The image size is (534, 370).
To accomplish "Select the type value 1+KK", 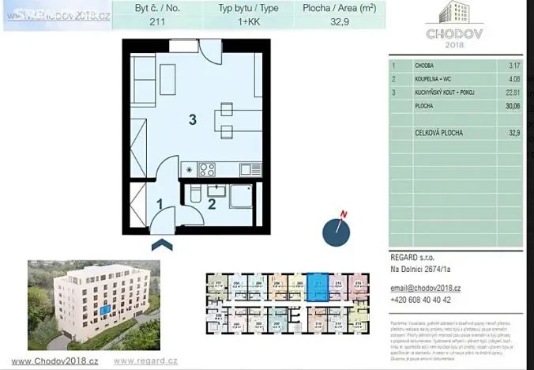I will point(237,22).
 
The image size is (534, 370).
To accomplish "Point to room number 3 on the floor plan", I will point(191,120).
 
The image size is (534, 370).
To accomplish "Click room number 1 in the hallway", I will point(159,203).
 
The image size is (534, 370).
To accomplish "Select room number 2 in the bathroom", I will point(211,203).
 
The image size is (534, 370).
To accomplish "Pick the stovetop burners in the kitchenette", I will point(207,168).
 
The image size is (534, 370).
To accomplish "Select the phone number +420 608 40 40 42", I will point(431,300).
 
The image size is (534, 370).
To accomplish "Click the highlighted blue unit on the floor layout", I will point(318,285).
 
